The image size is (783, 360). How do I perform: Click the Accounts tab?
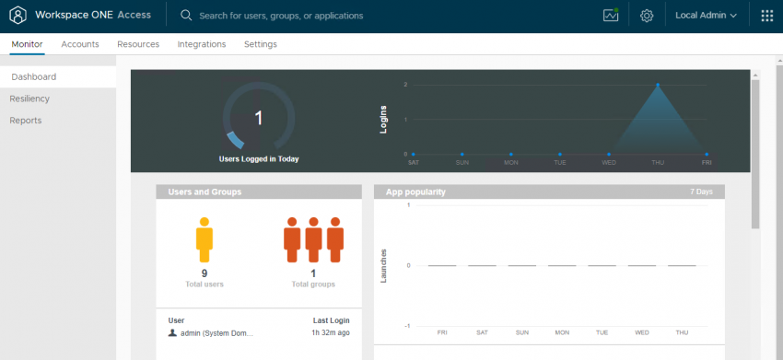click(80, 44)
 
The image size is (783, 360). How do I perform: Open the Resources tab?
click(138, 44)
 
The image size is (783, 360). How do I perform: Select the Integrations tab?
click(202, 44)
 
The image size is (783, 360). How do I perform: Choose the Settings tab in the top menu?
click(260, 44)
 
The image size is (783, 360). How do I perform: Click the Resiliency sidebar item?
click(29, 99)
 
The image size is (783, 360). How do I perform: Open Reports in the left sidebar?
click(26, 121)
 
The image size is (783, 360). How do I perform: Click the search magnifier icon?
click(186, 16)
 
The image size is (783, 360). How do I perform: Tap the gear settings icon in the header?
click(647, 16)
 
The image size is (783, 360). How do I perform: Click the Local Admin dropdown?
click(707, 16)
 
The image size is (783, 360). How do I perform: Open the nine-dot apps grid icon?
click(767, 16)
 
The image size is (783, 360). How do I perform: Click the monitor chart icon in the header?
click(610, 16)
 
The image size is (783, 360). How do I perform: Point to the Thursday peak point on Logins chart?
click(658, 85)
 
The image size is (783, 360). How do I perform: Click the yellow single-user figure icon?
click(205, 239)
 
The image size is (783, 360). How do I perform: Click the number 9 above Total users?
click(205, 273)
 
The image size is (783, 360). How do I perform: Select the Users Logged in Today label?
click(259, 159)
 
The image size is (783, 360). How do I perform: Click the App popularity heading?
click(415, 192)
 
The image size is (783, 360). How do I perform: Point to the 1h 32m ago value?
click(331, 332)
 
